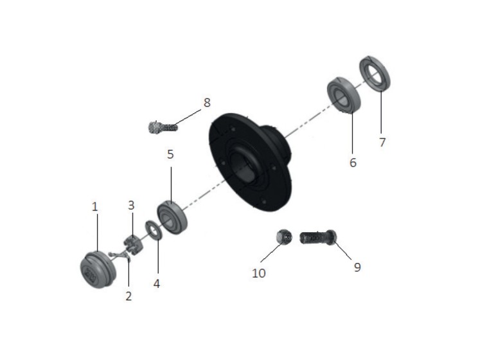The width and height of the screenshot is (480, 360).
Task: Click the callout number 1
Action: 95,207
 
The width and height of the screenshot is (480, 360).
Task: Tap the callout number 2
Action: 129,296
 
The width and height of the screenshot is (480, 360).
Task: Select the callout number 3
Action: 131,205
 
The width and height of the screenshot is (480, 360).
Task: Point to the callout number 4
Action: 156,283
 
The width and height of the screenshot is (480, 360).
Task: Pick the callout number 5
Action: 170,154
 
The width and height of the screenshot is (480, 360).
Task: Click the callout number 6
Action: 353,163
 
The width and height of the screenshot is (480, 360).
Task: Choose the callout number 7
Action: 382,143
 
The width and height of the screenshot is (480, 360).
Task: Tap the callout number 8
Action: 207,103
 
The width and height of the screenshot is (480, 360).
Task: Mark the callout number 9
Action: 357,267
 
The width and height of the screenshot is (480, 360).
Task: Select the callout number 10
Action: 259,273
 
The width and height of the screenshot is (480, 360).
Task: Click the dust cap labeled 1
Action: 98,269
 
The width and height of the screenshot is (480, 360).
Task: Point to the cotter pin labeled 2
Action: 120,255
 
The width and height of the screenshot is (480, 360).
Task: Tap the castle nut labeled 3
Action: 132,244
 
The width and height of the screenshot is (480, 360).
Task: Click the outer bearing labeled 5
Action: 172,217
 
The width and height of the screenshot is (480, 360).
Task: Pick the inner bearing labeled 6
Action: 344,95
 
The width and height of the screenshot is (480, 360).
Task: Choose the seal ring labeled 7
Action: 375,74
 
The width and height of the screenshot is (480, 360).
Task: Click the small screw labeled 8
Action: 162,127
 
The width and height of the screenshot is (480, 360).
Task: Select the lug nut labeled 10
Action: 284,237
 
